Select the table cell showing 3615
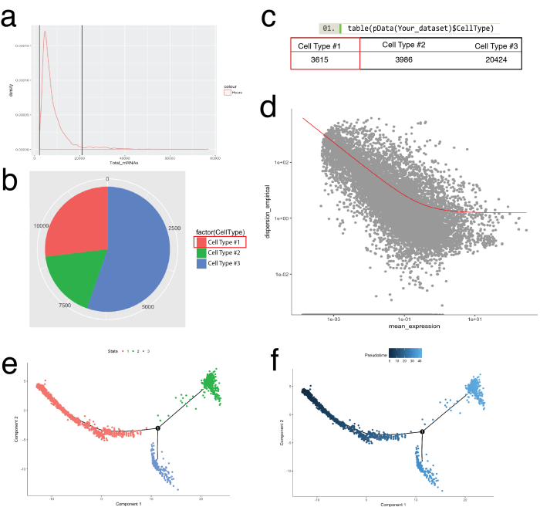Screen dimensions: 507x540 coord(325,59)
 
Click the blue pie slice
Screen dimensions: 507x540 coord(139,247)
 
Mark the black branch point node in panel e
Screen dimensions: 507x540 coord(157,428)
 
